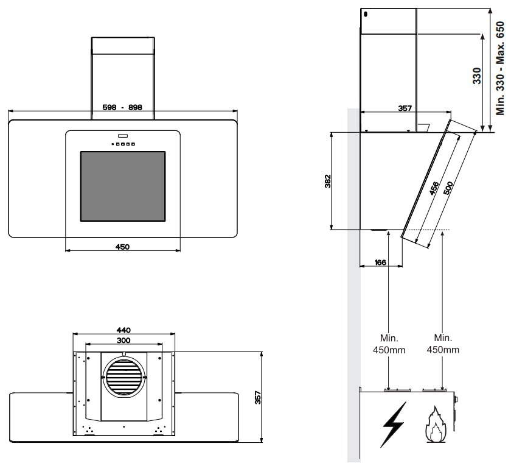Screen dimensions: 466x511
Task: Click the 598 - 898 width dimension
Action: [x=122, y=107]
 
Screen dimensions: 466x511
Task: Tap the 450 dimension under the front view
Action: [x=122, y=246]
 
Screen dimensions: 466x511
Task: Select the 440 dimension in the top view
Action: [x=124, y=330]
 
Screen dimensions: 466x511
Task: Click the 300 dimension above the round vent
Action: [x=124, y=340]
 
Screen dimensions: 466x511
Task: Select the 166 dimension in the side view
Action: [x=380, y=263]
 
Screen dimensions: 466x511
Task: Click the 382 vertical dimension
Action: [x=327, y=181]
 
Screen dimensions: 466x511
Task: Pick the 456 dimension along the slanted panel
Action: [x=434, y=188]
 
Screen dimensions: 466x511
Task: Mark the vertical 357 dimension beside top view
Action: [x=257, y=398]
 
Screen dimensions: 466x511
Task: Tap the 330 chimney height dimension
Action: [x=477, y=76]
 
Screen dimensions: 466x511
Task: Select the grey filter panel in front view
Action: [x=122, y=186]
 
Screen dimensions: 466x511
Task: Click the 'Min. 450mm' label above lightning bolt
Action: [x=389, y=344]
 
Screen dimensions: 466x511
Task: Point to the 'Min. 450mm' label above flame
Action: [x=442, y=344]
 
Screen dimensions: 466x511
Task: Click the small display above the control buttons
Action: [x=122, y=135]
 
